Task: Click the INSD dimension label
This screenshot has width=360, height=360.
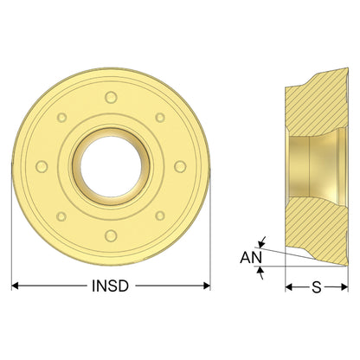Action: [110, 286]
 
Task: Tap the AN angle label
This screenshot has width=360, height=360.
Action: [251, 257]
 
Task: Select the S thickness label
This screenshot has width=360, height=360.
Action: [317, 287]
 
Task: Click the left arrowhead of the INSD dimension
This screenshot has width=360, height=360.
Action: [15, 286]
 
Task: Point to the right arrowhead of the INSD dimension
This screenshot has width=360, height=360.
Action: [207, 286]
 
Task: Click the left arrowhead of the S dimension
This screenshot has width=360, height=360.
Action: [289, 287]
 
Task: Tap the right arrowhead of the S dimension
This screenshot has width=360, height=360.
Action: [344, 287]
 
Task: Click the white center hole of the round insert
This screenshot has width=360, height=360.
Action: [111, 167]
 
